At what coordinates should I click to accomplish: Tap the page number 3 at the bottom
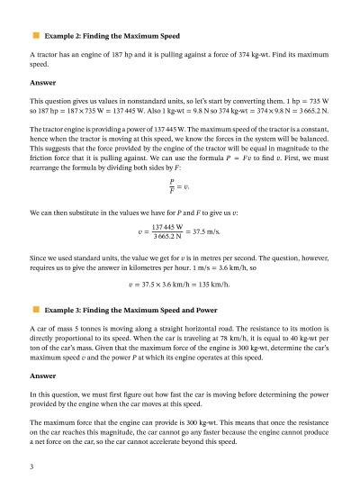point(31,466)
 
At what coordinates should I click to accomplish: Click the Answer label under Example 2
point(43,83)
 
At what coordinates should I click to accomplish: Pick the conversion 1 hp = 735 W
point(306,101)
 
